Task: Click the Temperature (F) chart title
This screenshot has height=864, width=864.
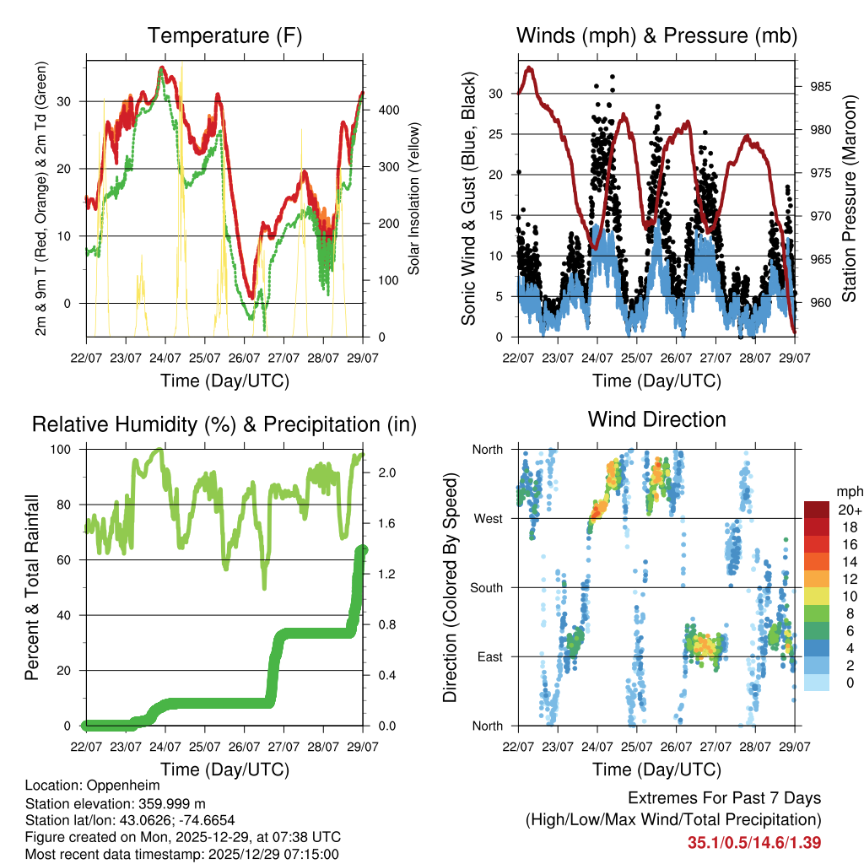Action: tap(224, 36)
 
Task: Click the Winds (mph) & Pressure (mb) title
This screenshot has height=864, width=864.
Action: tap(656, 36)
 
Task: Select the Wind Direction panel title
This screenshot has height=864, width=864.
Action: tap(656, 418)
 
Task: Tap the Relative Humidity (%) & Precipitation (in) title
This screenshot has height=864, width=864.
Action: tap(224, 424)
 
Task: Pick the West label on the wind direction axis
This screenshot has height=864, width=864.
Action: tap(489, 518)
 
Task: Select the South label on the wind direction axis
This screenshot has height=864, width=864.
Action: tap(486, 587)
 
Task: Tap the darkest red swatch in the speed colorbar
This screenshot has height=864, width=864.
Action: tap(817, 510)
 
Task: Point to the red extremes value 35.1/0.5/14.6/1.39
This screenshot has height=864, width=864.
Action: tap(754, 842)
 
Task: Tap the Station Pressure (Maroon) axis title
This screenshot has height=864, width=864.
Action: tap(849, 198)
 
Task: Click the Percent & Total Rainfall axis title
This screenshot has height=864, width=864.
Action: tap(31, 588)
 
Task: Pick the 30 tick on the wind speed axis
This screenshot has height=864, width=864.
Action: tap(496, 94)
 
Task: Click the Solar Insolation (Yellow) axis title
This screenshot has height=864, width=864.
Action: tap(414, 198)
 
